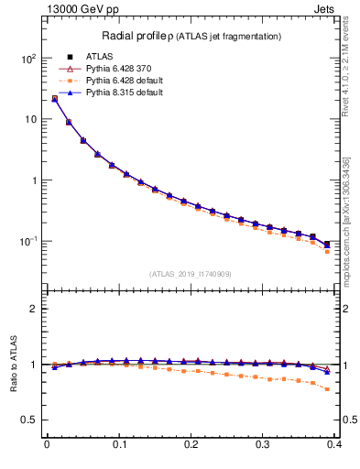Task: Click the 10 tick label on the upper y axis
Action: pyautogui.click(x=29, y=120)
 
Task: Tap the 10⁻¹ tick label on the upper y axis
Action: pyautogui.click(x=26, y=242)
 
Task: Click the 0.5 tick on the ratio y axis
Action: pyautogui.click(x=27, y=420)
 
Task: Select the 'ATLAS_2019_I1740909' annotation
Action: pyautogui.click(x=191, y=274)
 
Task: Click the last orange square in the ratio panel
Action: pyautogui.click(x=327, y=389)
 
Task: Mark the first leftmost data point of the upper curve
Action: pyautogui.click(x=54, y=99)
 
